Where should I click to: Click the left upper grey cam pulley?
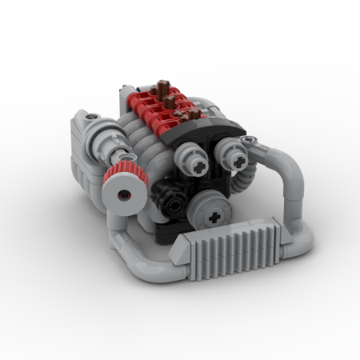tap(198, 162)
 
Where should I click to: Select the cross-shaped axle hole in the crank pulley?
tap(214, 216)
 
